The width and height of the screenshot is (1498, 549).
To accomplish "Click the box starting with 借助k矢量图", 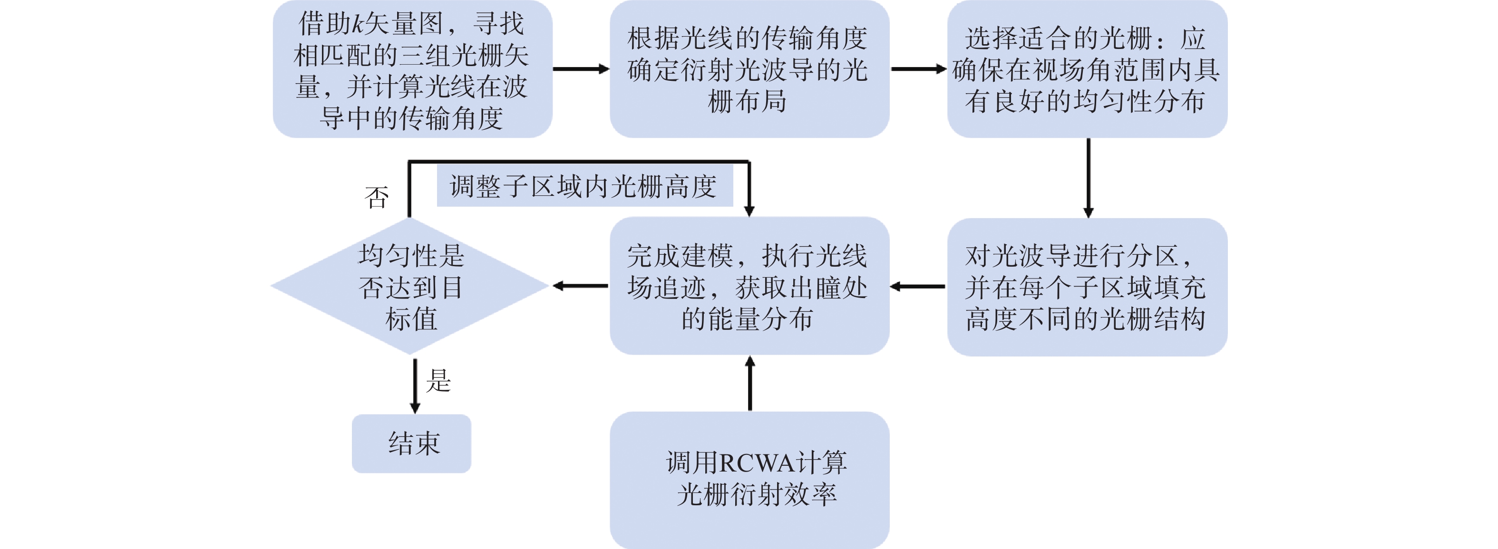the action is click(412, 69).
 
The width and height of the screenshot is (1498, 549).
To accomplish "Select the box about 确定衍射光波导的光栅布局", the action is click(749, 69).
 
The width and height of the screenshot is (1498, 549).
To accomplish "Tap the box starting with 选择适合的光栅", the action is click(1087, 69).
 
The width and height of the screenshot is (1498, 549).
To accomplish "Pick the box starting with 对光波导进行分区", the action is click(1087, 287).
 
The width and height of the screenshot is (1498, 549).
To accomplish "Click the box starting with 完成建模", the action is click(749, 286).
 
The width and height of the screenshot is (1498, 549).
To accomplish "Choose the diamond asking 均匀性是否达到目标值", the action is click(410, 286).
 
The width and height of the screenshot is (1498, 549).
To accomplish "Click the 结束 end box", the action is click(411, 443).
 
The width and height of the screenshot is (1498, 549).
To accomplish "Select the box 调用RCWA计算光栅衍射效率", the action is click(749, 481).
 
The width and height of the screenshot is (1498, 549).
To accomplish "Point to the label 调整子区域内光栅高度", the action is click(584, 186).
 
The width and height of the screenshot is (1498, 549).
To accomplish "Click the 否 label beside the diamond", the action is click(376, 198).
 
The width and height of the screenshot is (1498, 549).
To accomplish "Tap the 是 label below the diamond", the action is click(438, 381).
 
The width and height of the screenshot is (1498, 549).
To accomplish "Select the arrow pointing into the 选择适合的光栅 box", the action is click(919, 69).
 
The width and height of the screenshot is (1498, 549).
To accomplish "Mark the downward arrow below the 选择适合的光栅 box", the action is click(1089, 178).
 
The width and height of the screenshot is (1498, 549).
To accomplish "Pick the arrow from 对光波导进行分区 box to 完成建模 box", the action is click(918, 287).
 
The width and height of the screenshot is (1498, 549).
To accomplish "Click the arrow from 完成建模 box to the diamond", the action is click(580, 286).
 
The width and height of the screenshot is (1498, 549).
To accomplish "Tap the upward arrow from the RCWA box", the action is click(750, 384).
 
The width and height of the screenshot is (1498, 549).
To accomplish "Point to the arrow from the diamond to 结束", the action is click(415, 386).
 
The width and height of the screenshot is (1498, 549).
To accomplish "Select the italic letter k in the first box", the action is click(359, 24).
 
